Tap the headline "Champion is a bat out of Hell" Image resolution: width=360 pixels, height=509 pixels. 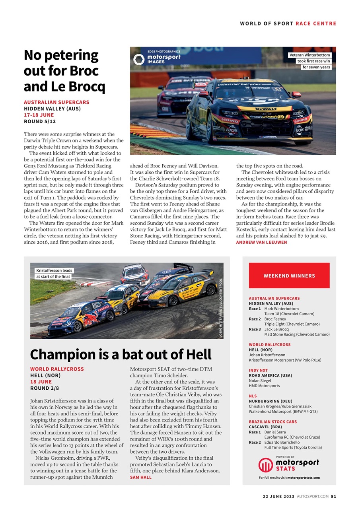pyautogui.click(x=121, y=354)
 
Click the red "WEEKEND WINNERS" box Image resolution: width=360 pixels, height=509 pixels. pyautogui.click(x=289, y=276)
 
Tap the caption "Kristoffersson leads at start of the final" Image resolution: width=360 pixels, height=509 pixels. pyautogui.click(x=54, y=273)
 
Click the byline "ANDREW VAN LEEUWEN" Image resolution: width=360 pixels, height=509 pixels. pyautogui.click(x=261, y=242)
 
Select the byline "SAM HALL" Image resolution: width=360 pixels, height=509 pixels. pyautogui.click(x=140, y=477)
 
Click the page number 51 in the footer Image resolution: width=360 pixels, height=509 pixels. pyautogui.click(x=333, y=496)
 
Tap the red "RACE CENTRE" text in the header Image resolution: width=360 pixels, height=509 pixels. pyautogui.click(x=316, y=23)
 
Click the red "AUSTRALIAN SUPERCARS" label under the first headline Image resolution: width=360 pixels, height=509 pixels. pyautogui.click(x=56, y=102)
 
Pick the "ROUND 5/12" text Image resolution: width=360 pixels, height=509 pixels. pyautogui.click(x=40, y=121)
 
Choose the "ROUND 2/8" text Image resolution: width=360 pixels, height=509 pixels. pyautogui.click(x=45, y=388)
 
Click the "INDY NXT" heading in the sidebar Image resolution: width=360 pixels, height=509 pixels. pyautogui.click(x=258, y=370)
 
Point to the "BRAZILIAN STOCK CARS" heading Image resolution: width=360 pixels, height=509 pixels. pyautogui.click(x=272, y=422)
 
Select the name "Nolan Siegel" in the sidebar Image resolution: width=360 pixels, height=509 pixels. pyautogui.click(x=260, y=381)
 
